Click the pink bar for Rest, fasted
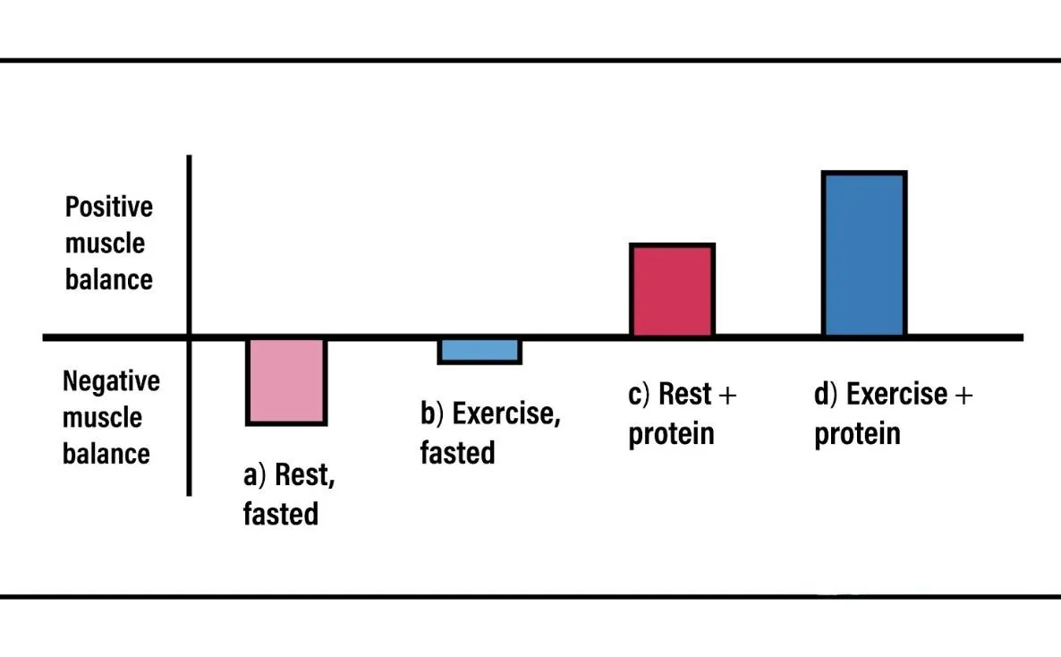point(286,381)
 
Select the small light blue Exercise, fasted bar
point(480,351)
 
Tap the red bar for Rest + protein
point(673,291)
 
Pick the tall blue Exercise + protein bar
point(864,254)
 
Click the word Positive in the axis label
point(109,208)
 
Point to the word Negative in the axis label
point(111,381)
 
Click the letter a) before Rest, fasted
point(254,475)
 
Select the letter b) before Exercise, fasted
point(432,414)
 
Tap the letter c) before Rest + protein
point(639,395)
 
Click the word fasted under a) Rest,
point(280,515)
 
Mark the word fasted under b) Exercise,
point(457,453)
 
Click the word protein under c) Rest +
point(671,435)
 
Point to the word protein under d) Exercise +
point(857,435)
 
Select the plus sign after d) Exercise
point(961,395)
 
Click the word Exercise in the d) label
point(895,395)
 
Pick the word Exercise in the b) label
point(505,414)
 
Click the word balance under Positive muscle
point(108,279)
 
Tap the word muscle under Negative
point(102,417)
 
